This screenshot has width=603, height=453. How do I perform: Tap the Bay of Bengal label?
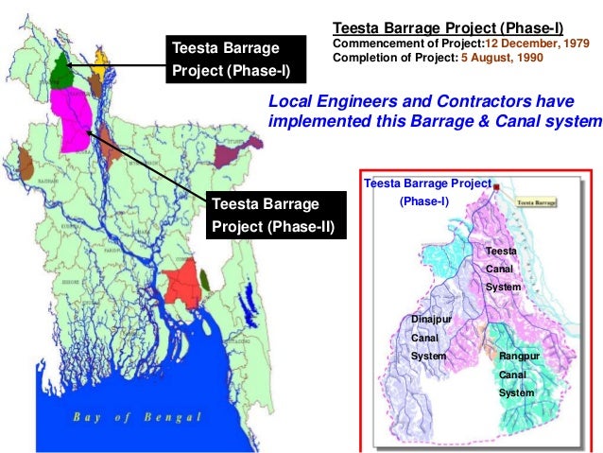click(139, 416)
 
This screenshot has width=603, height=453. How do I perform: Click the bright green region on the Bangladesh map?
click(62, 72)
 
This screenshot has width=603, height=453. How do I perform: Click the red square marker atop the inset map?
click(496, 187)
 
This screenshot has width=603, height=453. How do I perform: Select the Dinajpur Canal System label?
click(431, 338)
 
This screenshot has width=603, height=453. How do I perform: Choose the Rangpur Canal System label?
click(517, 374)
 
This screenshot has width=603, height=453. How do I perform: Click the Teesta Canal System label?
click(501, 269)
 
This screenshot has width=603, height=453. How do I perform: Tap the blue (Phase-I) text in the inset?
click(425, 201)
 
